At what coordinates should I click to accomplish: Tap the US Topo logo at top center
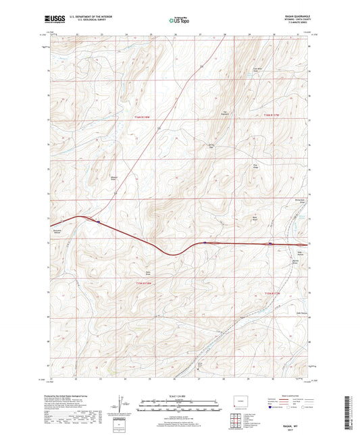(x=178, y=21)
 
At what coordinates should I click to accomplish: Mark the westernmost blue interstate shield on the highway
(x=99, y=221)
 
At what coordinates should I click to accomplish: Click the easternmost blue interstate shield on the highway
(x=271, y=244)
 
